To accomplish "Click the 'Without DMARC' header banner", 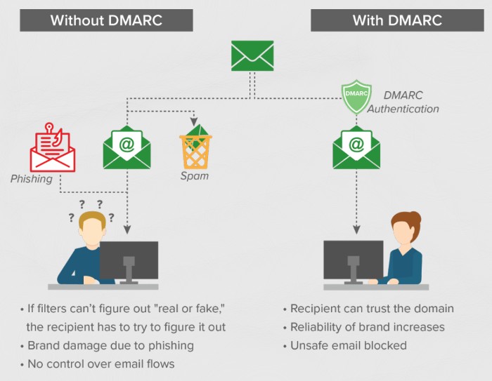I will (x=105, y=20).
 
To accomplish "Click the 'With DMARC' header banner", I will (x=397, y=20).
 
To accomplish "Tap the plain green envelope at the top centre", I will (x=252, y=56).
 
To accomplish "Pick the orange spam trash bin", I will (x=195, y=146).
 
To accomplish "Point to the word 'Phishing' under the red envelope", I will (x=32, y=179).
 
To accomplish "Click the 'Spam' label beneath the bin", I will (x=195, y=176).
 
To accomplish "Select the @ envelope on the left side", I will (x=127, y=147).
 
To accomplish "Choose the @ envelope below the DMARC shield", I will (x=356, y=147).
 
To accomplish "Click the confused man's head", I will (x=91, y=229).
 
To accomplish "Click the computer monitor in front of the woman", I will (x=353, y=259).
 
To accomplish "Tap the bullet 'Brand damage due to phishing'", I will (x=110, y=345).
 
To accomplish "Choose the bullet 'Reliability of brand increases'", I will (x=368, y=327).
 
